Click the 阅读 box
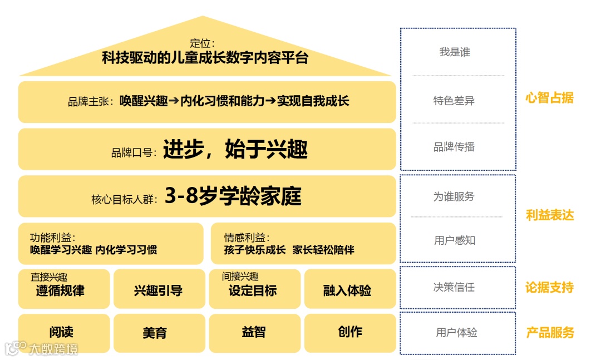(64, 333)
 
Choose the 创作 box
(350, 333)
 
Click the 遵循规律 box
(64, 289)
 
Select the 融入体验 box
(350, 289)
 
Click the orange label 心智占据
(549, 98)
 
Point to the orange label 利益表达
(549, 215)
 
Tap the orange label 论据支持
(549, 288)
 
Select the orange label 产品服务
(549, 333)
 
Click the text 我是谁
(455, 52)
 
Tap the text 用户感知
(455, 240)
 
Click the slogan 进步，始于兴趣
(235, 150)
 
